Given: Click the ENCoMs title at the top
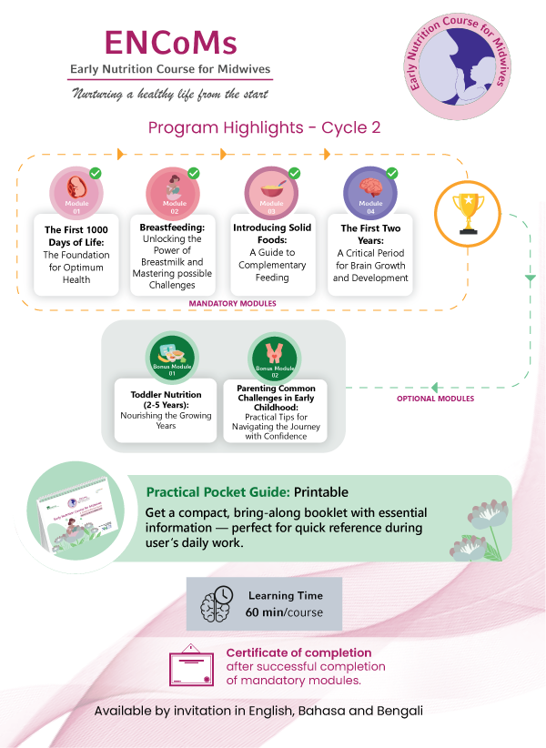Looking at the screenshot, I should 171,43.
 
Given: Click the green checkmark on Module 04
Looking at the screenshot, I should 392,173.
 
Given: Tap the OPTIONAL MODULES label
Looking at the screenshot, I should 435,399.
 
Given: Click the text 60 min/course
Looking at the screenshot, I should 284,612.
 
